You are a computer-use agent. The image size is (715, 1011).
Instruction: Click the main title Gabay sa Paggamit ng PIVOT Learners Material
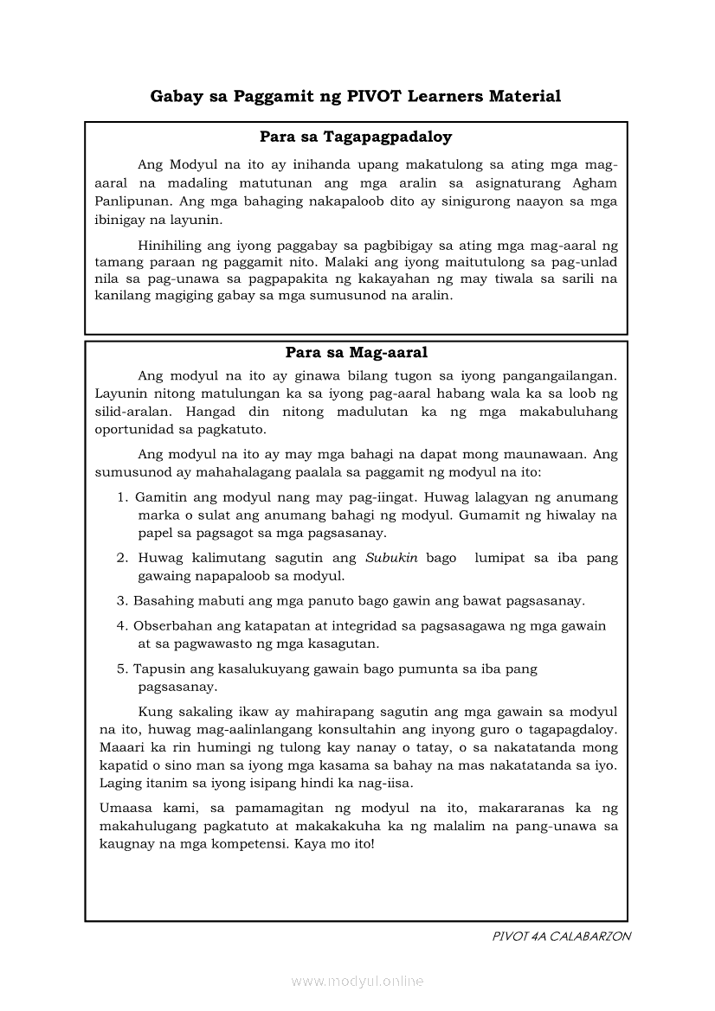coord(356,96)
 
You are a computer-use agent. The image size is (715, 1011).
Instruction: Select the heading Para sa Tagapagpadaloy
coord(356,137)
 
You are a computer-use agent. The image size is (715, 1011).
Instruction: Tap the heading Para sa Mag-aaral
coord(356,353)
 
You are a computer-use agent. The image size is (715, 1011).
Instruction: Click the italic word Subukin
coord(391,558)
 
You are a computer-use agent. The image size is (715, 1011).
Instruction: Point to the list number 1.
coord(122,497)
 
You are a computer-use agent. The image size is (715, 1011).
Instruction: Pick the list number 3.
coord(122,600)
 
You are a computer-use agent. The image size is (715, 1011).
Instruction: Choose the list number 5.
coord(122,669)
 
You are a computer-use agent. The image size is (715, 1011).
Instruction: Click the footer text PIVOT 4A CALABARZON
coord(561,937)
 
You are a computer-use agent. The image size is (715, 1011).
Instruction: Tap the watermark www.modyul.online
coord(357,981)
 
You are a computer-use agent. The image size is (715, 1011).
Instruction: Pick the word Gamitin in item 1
coord(162,497)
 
